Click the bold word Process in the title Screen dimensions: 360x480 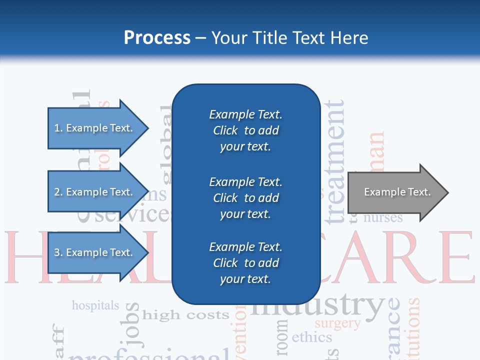(x=157, y=38)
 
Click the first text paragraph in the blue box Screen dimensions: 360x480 (x=245, y=130)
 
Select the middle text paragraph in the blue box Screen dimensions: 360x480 (x=245, y=198)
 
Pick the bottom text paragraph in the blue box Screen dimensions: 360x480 (x=245, y=263)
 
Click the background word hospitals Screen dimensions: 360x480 (x=95, y=305)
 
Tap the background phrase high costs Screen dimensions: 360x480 (x=185, y=315)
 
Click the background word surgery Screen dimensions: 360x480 (x=337, y=323)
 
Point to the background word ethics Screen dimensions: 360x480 (x=311, y=337)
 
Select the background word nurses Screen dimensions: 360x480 (x=383, y=218)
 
